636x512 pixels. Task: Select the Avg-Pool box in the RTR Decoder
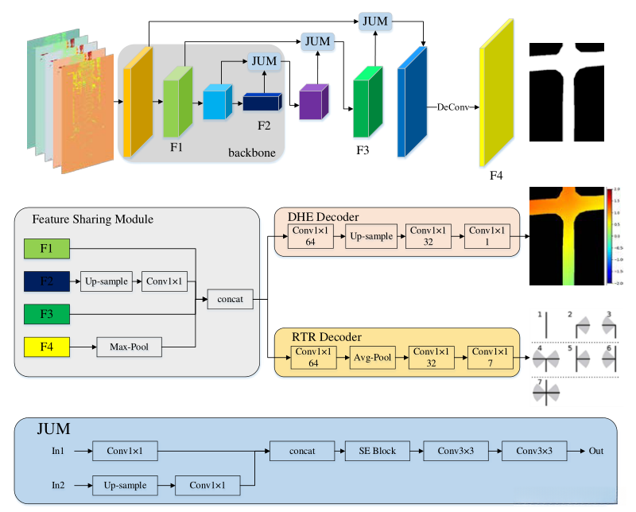373,359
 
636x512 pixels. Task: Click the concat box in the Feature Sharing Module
231,299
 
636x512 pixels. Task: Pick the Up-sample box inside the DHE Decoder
370,236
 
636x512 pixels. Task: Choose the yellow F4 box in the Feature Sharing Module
46,346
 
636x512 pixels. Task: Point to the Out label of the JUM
596,451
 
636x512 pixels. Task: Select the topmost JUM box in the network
374,21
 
